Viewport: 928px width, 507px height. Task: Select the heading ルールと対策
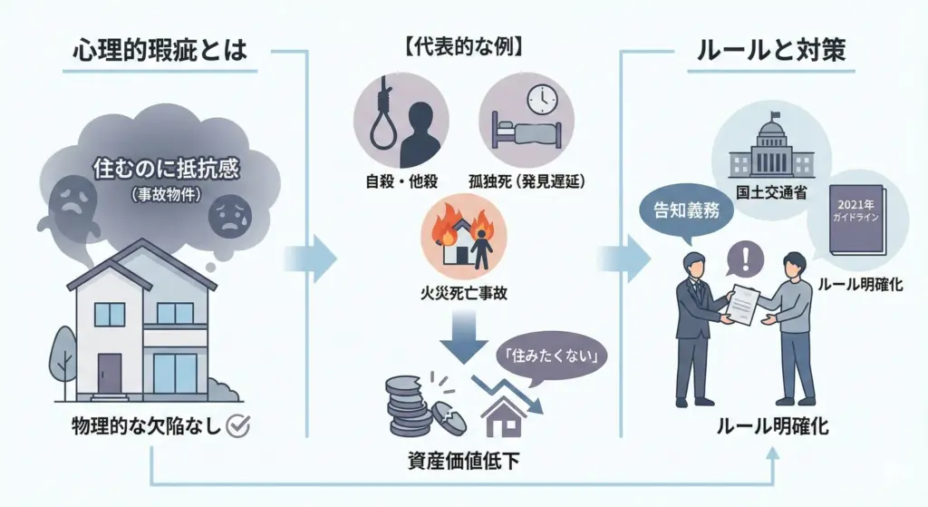(x=771, y=51)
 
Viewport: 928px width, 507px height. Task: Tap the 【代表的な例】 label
(x=463, y=46)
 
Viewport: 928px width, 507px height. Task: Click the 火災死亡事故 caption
(x=463, y=295)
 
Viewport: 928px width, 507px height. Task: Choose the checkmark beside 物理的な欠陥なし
(x=237, y=426)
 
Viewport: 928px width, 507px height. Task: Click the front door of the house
(x=111, y=372)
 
